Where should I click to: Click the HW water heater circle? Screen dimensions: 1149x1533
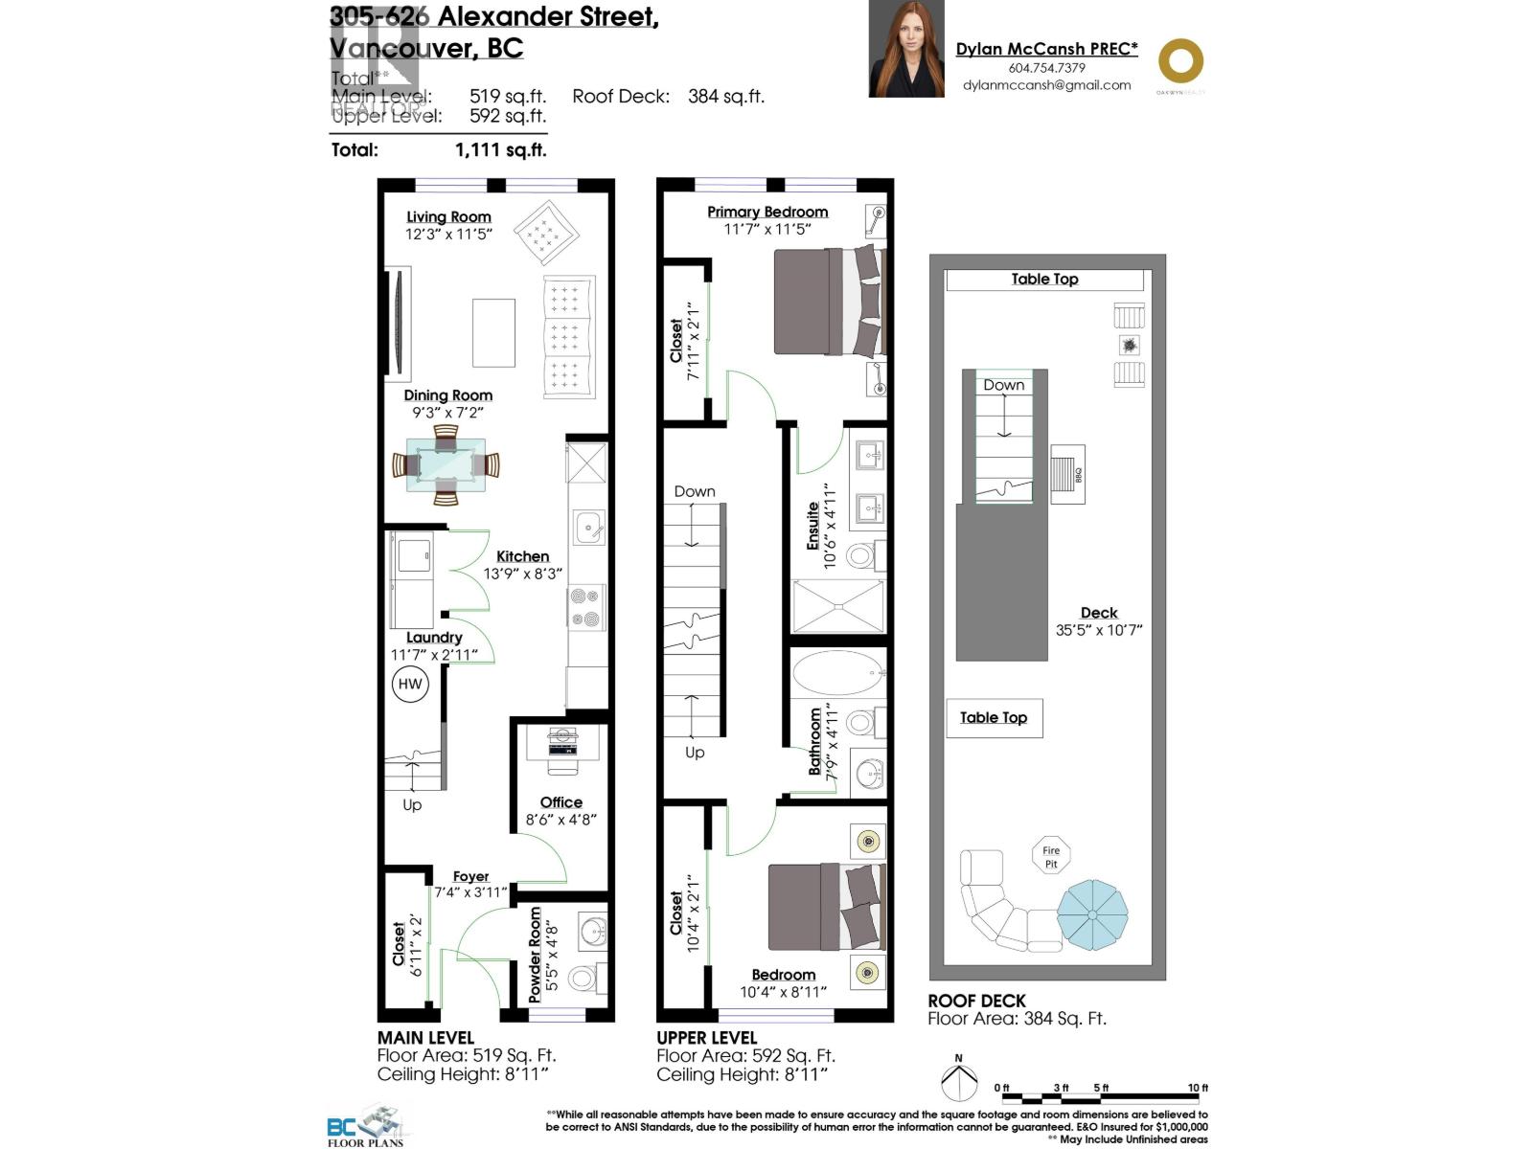pos(410,684)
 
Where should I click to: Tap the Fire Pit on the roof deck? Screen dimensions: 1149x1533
pos(1051,856)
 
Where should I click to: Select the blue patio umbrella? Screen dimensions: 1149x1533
pos(1092,914)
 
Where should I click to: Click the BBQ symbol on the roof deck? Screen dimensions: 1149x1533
pos(1066,473)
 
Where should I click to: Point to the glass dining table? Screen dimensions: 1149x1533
pos(446,465)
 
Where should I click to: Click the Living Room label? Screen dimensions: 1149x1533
pos(448,217)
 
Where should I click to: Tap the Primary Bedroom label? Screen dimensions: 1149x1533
pos(767,212)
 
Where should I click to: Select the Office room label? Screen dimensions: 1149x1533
pos(561,802)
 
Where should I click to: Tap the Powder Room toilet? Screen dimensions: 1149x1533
pos(583,978)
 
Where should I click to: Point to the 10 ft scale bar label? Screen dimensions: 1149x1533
pos(1198,1088)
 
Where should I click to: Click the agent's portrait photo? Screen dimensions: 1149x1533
pos(906,49)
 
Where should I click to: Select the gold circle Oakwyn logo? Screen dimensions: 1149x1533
pos(1180,61)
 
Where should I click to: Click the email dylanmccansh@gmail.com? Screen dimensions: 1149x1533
pos(1046,85)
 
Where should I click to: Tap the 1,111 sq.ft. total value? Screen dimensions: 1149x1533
pos(500,150)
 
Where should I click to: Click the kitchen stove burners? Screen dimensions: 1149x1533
pos(586,608)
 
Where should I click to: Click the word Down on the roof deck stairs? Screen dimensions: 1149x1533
pos(1003,385)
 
